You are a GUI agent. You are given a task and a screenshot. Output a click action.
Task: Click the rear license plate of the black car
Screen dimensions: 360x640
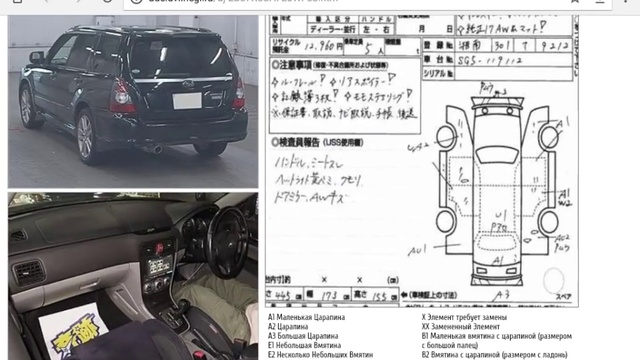(187, 101)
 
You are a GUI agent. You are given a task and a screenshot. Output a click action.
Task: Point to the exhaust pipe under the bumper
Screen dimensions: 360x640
(156, 149)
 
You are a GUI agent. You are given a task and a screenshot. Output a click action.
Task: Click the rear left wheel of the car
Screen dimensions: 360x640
(85, 137)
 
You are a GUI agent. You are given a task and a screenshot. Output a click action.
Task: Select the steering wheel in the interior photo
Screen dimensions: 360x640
(222, 244)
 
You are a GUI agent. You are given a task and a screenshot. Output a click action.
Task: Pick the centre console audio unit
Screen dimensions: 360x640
(157, 264)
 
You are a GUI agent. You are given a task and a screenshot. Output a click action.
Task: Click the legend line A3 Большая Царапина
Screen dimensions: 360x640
(309, 335)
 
